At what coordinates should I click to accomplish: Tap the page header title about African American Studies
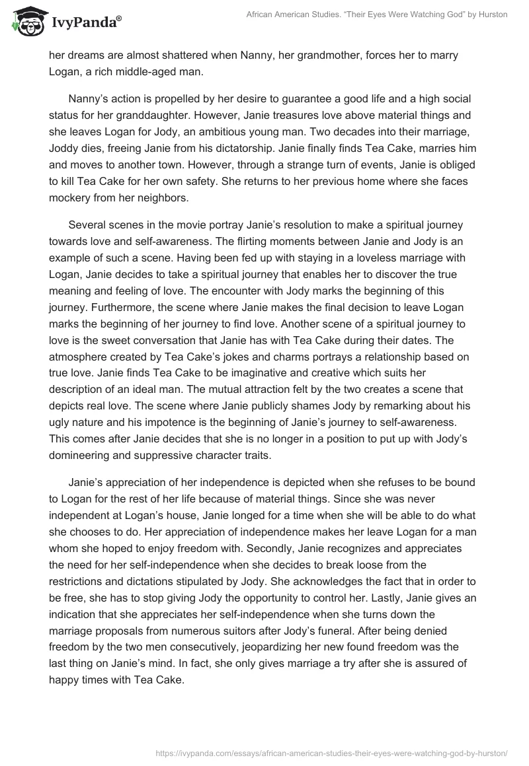(376, 15)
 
